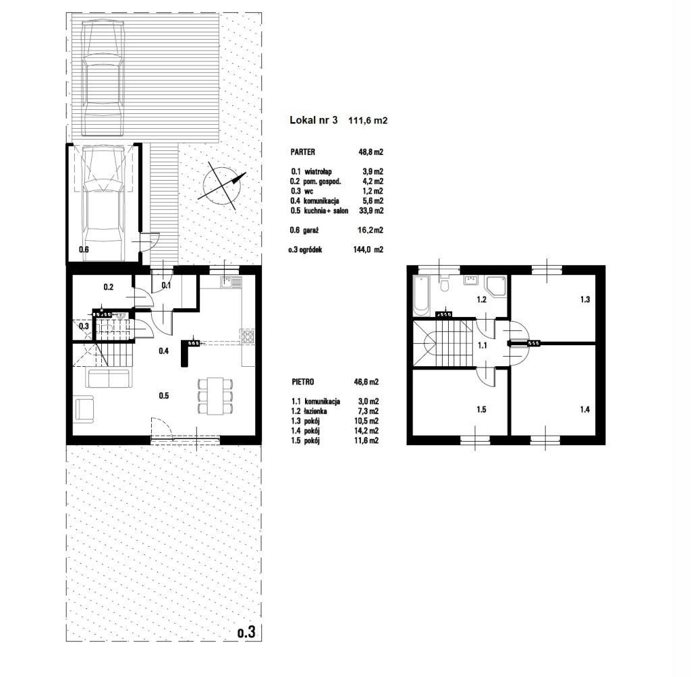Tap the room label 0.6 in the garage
(x=84, y=249)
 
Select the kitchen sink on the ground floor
(x=226, y=282)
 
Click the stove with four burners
(x=247, y=337)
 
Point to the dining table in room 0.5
(x=215, y=395)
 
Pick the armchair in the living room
(x=85, y=409)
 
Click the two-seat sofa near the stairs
(x=108, y=378)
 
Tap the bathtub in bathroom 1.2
(x=421, y=295)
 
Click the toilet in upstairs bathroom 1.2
(x=445, y=284)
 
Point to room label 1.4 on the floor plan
(x=584, y=409)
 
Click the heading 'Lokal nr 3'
(x=313, y=120)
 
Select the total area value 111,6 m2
(x=368, y=120)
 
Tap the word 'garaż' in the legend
(x=311, y=230)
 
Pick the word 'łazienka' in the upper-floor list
(x=316, y=411)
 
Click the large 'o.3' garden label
(x=246, y=633)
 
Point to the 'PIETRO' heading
(x=303, y=382)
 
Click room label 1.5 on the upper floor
(x=481, y=409)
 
